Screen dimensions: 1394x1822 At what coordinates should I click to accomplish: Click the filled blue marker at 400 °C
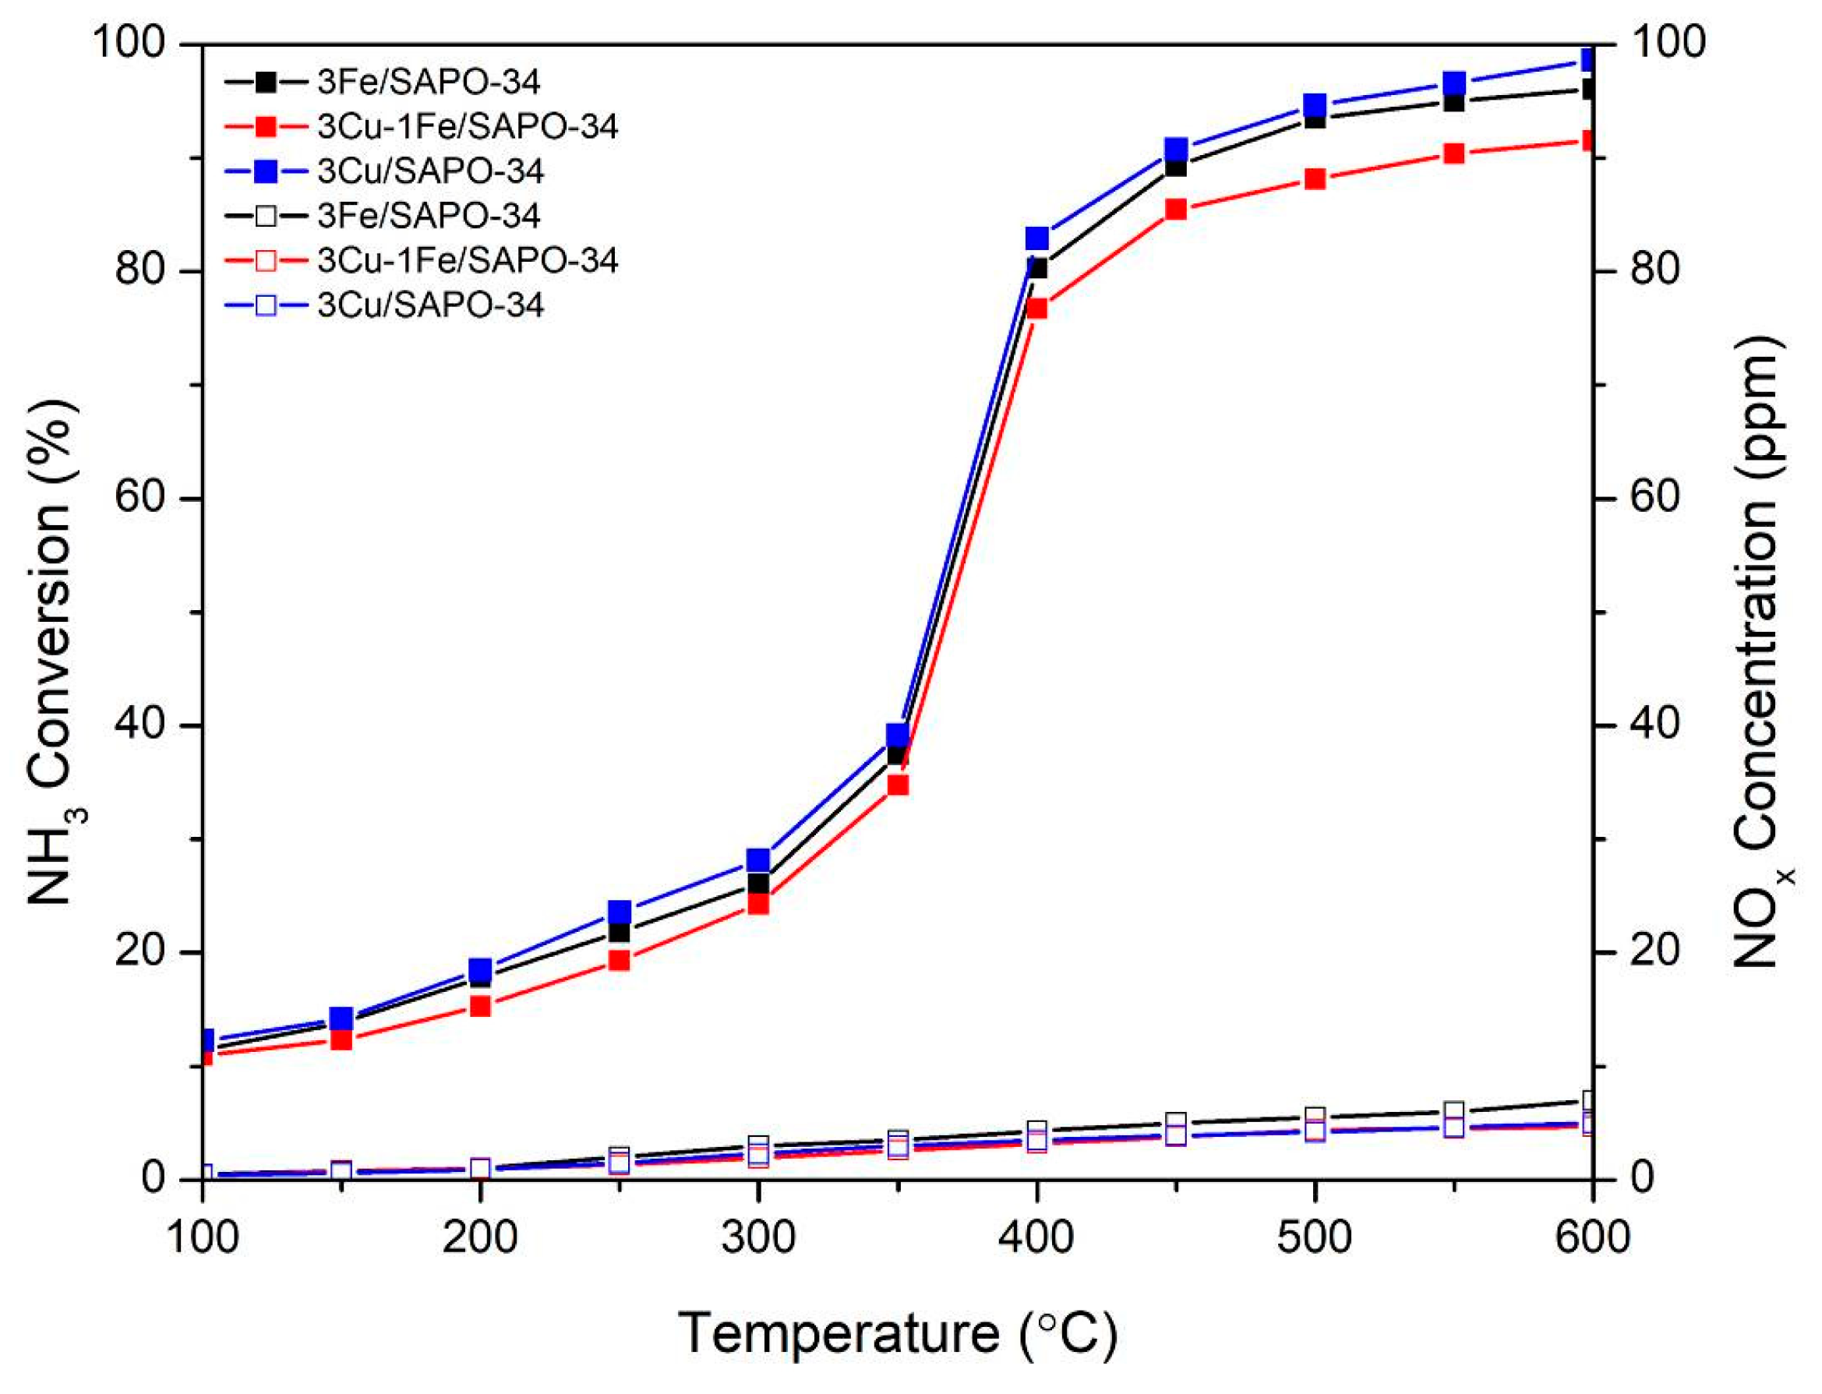pyautogui.click(x=1036, y=239)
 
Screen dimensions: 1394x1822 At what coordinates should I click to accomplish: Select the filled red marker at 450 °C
pyautogui.click(x=1176, y=209)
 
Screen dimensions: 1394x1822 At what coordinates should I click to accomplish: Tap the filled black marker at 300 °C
pyautogui.click(x=757, y=884)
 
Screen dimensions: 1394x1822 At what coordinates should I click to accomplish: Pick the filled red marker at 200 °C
pyautogui.click(x=480, y=1007)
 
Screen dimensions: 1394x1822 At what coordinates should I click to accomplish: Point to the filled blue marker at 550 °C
pyautogui.click(x=1453, y=83)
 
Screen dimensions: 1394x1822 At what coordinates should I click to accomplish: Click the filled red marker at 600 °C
pyautogui.click(x=1588, y=141)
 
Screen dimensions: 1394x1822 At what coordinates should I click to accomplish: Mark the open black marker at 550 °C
pyautogui.click(x=1453, y=1111)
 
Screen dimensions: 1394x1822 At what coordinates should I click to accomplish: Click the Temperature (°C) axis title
pyautogui.click(x=898, y=1335)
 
